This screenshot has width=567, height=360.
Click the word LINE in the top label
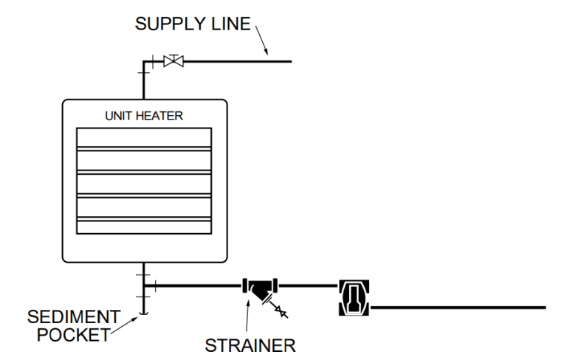[230, 24]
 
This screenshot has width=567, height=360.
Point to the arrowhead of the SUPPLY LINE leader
[269, 53]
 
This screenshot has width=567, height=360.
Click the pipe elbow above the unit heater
[144, 63]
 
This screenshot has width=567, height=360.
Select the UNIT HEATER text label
[144, 116]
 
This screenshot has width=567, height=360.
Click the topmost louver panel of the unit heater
[144, 138]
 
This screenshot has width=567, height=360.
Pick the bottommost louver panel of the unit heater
[144, 226]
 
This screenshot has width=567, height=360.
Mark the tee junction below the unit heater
[144, 285]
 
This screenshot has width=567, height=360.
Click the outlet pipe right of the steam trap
[458, 306]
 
